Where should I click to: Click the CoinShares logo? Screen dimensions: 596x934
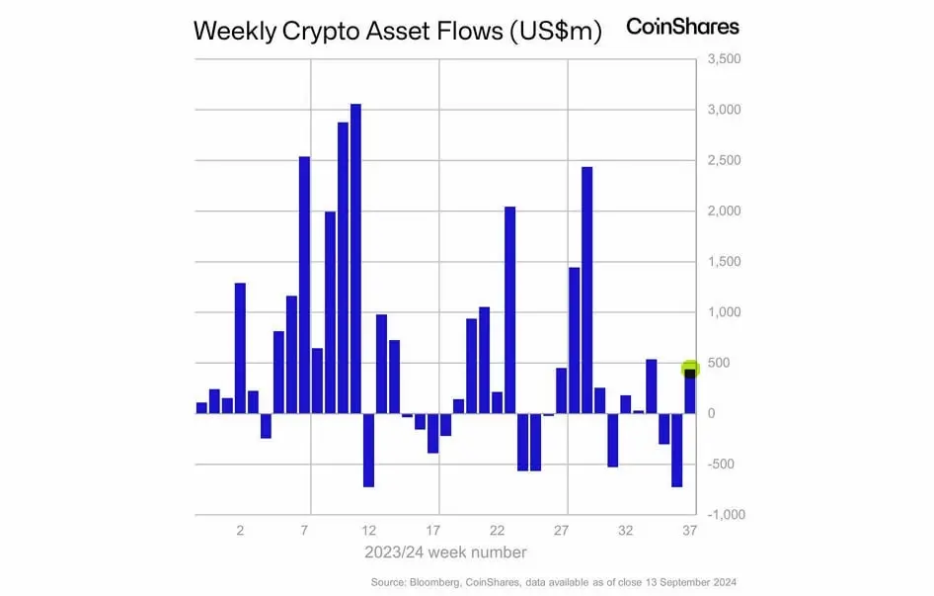pos(682,27)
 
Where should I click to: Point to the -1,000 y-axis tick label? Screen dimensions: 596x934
pos(726,515)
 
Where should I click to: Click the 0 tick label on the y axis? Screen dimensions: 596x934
pos(712,413)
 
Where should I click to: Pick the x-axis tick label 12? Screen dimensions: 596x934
pos(369,531)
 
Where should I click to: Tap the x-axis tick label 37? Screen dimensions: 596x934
pos(689,531)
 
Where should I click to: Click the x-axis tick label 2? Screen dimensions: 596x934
pos(240,531)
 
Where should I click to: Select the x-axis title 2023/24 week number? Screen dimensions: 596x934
pos(445,552)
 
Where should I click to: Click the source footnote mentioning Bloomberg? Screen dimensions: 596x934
pos(554,581)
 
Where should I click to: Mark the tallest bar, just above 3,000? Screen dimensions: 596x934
pos(355,258)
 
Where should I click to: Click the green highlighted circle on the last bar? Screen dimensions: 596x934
pos(690,370)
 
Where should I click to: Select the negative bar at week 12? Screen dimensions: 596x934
pos(368,450)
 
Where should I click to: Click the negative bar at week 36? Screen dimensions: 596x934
pos(677,450)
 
